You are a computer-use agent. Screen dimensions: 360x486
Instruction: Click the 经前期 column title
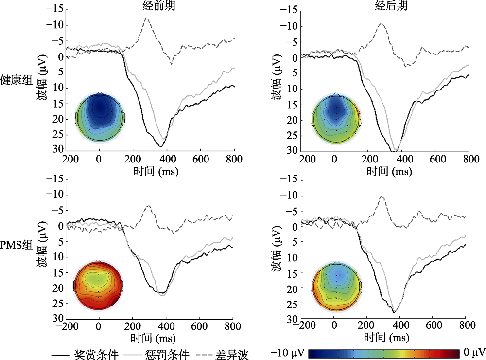pos(149,6)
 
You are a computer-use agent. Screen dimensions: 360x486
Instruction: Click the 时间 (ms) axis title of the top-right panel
pos(387,171)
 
